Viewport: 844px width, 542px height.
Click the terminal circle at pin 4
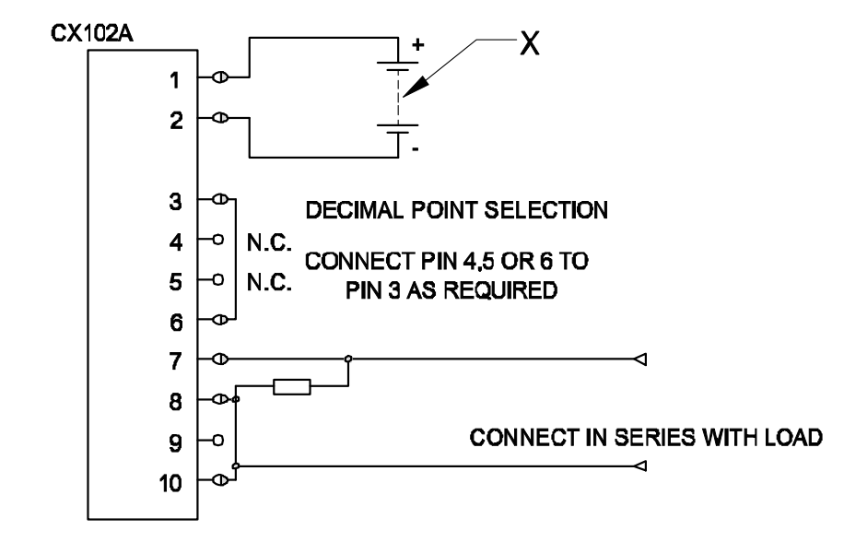pyautogui.click(x=219, y=241)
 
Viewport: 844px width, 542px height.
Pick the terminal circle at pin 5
pyautogui.click(x=219, y=280)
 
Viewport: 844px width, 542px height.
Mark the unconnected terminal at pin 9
pyautogui.click(x=219, y=440)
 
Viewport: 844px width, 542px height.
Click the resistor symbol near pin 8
pyautogui.click(x=292, y=387)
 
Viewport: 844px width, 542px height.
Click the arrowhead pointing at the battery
pyautogui.click(x=417, y=88)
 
